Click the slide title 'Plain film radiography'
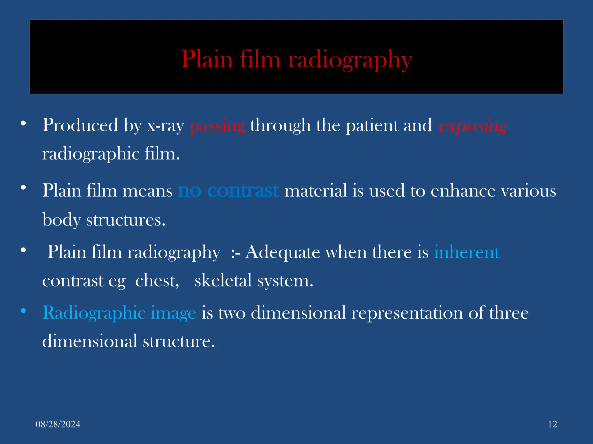[296, 59]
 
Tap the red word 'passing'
[217, 126]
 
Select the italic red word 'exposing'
[473, 126]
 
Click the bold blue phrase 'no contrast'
[228, 191]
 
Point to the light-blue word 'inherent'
[467, 252]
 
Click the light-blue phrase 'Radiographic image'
[119, 313]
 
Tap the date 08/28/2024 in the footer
[58, 424]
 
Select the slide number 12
[552, 424]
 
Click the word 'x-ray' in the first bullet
[166, 126]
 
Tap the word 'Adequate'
[282, 252]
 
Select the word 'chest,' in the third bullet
[157, 281]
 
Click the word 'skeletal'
[223, 281]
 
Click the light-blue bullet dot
[23, 311]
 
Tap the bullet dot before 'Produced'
[23, 124]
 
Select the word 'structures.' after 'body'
[126, 220]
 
